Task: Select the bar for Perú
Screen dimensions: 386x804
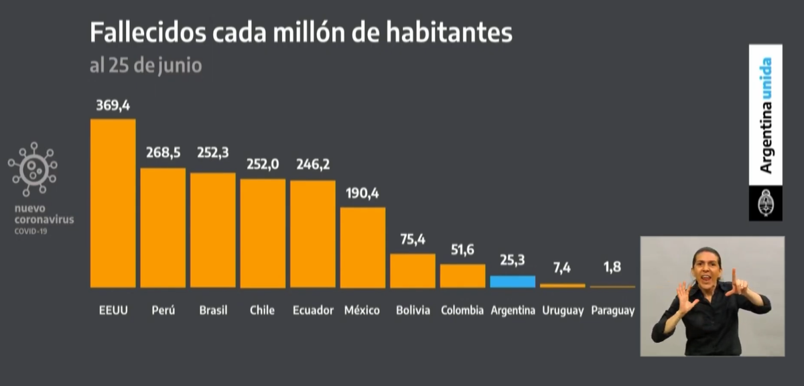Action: click(163, 228)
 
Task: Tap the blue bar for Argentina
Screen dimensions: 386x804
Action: click(513, 281)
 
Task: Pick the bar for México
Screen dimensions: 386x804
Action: click(362, 247)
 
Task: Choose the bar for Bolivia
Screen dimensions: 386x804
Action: click(413, 271)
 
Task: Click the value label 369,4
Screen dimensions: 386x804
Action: click(113, 106)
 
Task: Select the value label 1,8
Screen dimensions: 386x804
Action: click(612, 267)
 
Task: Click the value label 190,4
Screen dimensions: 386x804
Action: click(362, 194)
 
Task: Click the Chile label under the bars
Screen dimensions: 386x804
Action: click(262, 311)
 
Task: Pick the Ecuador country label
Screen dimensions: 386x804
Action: click(313, 311)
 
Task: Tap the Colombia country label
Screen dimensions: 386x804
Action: click(462, 311)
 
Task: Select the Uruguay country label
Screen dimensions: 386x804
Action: click(563, 311)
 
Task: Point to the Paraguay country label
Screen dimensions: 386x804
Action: click(612, 311)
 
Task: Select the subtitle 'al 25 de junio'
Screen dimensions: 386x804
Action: click(145, 67)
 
